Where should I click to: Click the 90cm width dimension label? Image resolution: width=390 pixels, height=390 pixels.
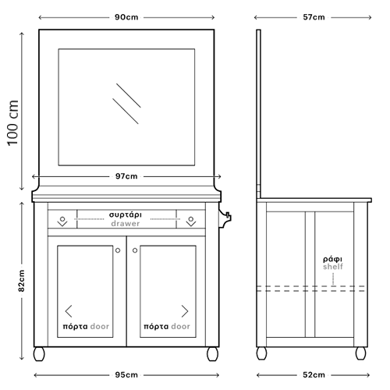click(x=126, y=17)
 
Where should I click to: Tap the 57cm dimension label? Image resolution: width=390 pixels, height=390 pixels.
click(x=314, y=17)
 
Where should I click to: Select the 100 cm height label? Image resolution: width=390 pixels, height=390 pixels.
click(x=13, y=123)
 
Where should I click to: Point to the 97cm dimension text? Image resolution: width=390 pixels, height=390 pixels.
click(x=126, y=176)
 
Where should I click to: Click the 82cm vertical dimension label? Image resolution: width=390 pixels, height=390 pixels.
click(x=22, y=281)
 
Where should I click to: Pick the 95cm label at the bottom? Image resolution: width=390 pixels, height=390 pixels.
click(x=126, y=375)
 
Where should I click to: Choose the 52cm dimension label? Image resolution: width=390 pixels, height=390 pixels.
click(x=314, y=375)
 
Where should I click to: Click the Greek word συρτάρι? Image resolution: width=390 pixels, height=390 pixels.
click(x=126, y=215)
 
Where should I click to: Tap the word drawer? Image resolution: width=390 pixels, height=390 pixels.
click(x=126, y=224)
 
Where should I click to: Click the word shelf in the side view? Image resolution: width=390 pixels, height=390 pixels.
click(x=333, y=267)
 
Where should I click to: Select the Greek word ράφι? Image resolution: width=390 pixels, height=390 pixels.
click(x=333, y=259)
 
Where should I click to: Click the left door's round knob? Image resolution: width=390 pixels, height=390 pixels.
click(x=118, y=250)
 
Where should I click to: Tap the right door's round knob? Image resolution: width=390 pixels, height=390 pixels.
click(x=135, y=250)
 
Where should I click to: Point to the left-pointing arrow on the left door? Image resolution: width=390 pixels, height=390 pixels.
click(x=69, y=311)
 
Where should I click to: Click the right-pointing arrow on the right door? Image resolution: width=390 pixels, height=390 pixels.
click(x=185, y=311)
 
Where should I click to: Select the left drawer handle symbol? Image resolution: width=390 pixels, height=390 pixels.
click(x=62, y=222)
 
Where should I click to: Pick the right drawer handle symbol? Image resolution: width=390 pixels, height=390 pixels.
click(x=191, y=222)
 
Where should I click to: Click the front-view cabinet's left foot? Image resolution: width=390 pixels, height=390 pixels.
click(x=39, y=354)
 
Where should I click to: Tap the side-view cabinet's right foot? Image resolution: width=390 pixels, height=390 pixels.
click(x=360, y=353)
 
